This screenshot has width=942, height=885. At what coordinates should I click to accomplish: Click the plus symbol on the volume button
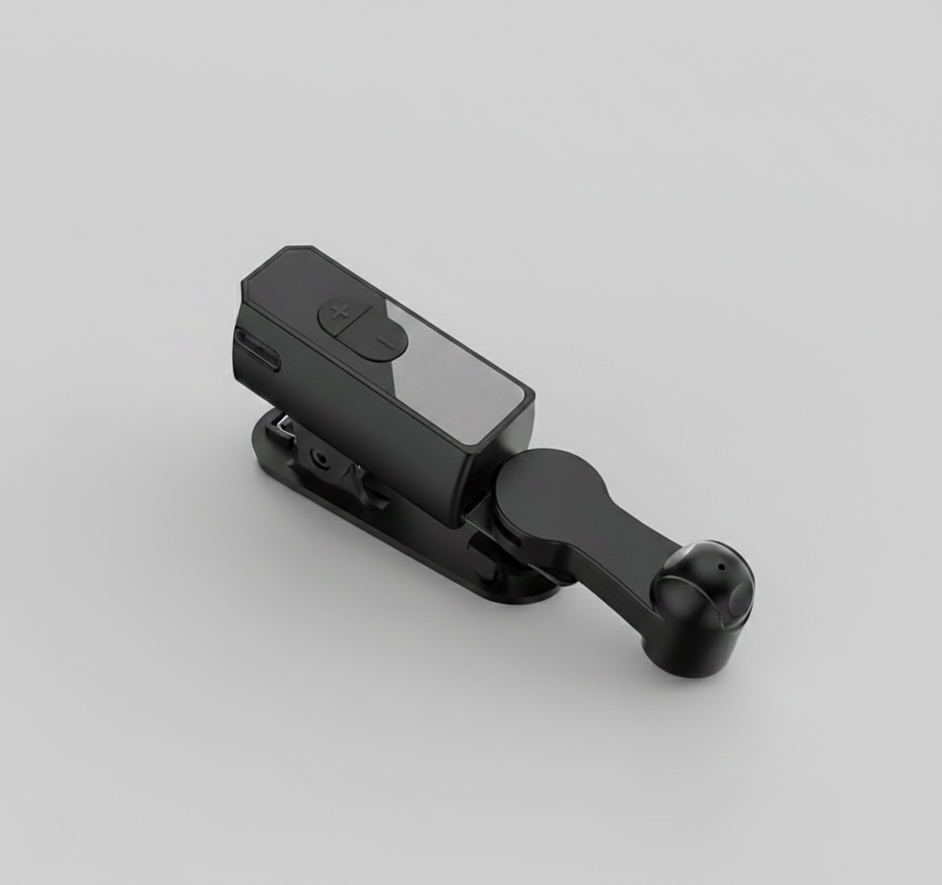339,312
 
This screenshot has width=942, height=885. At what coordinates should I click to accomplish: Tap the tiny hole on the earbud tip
719,566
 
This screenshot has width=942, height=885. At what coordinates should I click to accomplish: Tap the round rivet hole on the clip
318,456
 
